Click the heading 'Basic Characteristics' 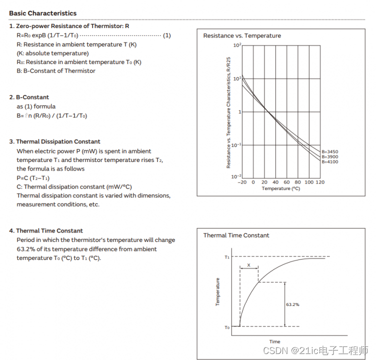(x=42, y=13)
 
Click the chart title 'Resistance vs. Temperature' (x=242, y=36)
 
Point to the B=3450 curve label (x=330, y=151)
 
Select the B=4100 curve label (x=330, y=162)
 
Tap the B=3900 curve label (x=330, y=157)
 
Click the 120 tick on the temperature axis (x=319, y=182)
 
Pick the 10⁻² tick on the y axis (x=236, y=176)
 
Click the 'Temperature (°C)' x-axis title (x=280, y=188)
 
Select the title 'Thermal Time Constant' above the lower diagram (x=236, y=235)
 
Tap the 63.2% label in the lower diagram (x=292, y=304)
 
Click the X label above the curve (x=248, y=265)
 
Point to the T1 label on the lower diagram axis (x=226, y=257)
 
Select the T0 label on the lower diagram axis (x=226, y=327)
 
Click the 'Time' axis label (x=275, y=342)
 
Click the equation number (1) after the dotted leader (x=167, y=35)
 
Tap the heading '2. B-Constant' (x=29, y=97)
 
